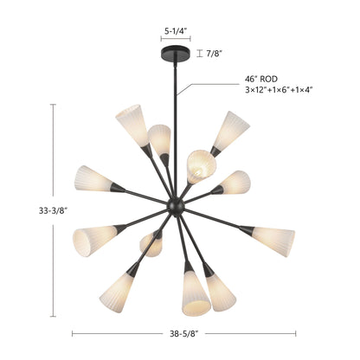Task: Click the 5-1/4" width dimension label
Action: (176, 31)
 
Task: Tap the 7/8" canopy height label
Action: (214, 54)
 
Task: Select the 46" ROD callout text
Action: (261, 79)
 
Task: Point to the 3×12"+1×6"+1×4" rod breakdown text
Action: (279, 90)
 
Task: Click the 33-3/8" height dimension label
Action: (53, 211)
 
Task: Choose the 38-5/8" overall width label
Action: (183, 334)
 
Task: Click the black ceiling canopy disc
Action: (176, 54)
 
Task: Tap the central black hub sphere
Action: (176, 206)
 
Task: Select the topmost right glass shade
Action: (232, 131)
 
